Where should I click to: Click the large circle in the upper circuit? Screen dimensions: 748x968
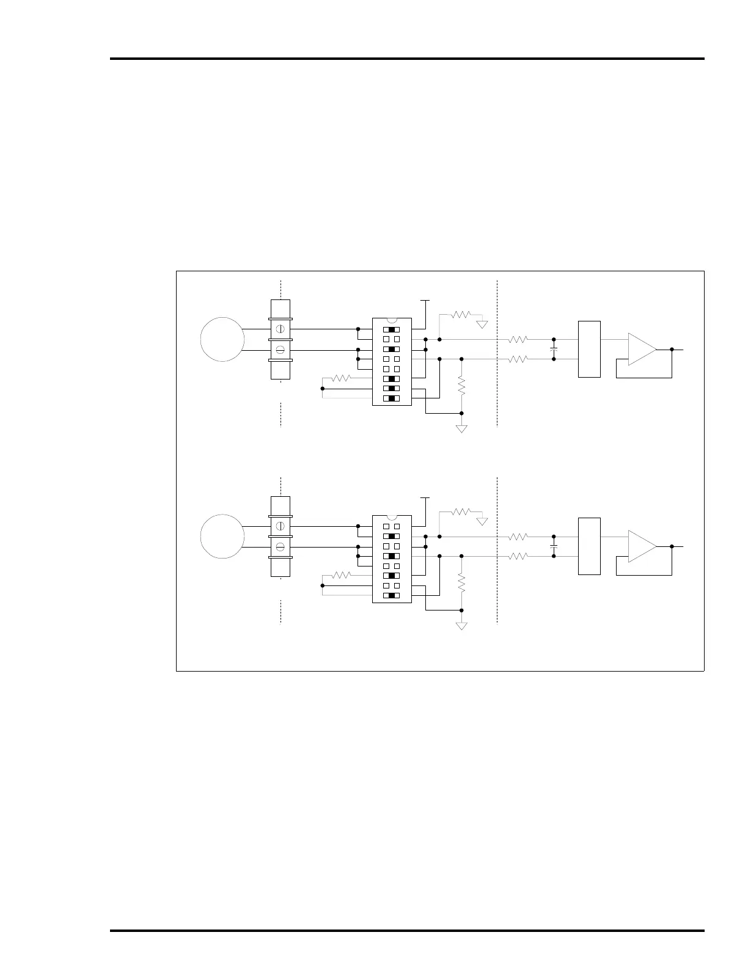(x=222, y=339)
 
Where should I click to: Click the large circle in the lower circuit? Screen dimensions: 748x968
(x=222, y=536)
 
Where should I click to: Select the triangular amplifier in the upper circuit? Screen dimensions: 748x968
(x=642, y=349)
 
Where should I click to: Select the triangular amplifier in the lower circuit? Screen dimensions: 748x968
(x=642, y=546)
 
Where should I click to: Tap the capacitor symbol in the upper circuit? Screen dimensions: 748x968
(x=554, y=349)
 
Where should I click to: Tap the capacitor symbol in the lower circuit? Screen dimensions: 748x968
(x=554, y=546)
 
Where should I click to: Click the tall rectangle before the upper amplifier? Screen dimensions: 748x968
(x=589, y=349)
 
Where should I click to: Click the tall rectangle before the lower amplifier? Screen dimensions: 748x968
(x=589, y=546)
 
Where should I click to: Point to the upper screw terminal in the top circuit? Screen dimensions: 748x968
(x=280, y=329)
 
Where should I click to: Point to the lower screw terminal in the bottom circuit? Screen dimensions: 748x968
(x=280, y=547)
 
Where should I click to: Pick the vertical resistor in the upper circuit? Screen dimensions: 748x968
(x=461, y=386)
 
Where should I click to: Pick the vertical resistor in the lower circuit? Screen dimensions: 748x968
(x=461, y=583)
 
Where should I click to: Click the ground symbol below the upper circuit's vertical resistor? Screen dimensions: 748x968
(x=461, y=428)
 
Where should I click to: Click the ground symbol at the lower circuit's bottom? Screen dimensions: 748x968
(x=461, y=625)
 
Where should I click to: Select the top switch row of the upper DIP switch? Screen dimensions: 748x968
(x=392, y=329)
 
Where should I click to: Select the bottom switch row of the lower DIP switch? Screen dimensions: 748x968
(x=392, y=595)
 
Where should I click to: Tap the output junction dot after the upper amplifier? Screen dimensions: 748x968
(x=672, y=349)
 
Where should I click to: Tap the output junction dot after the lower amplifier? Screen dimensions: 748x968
(x=672, y=546)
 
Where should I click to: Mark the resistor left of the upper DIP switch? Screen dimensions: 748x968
(x=341, y=378)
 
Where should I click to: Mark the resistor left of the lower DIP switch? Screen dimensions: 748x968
(x=341, y=575)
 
